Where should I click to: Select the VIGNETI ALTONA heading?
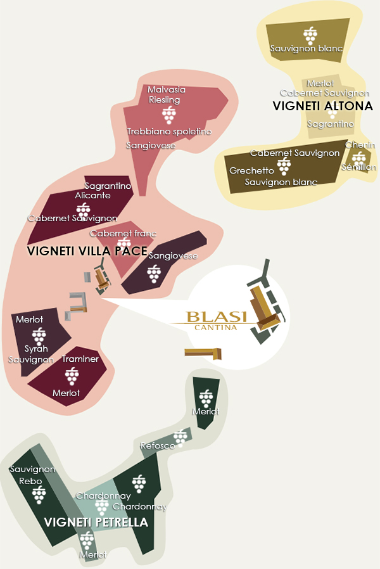click(x=322, y=106)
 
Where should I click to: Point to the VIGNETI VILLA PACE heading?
click(x=87, y=251)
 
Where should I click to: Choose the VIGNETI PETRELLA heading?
click(x=96, y=523)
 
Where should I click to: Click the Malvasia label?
click(x=167, y=89)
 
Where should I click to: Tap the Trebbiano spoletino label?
click(x=169, y=131)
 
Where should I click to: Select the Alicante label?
click(x=93, y=195)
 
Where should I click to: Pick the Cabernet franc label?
click(x=123, y=233)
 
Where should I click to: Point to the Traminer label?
click(x=80, y=359)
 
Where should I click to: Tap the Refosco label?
click(x=158, y=446)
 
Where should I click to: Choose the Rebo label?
click(x=30, y=481)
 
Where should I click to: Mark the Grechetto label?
click(x=251, y=171)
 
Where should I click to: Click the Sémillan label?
click(x=358, y=167)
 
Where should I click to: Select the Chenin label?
click(x=360, y=145)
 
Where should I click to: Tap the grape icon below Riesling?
click(x=168, y=115)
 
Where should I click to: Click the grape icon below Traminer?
click(x=72, y=375)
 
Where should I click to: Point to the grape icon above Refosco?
click(x=181, y=436)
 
